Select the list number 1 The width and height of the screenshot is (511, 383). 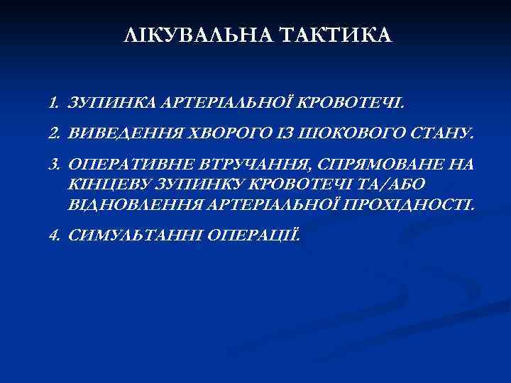53,105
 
